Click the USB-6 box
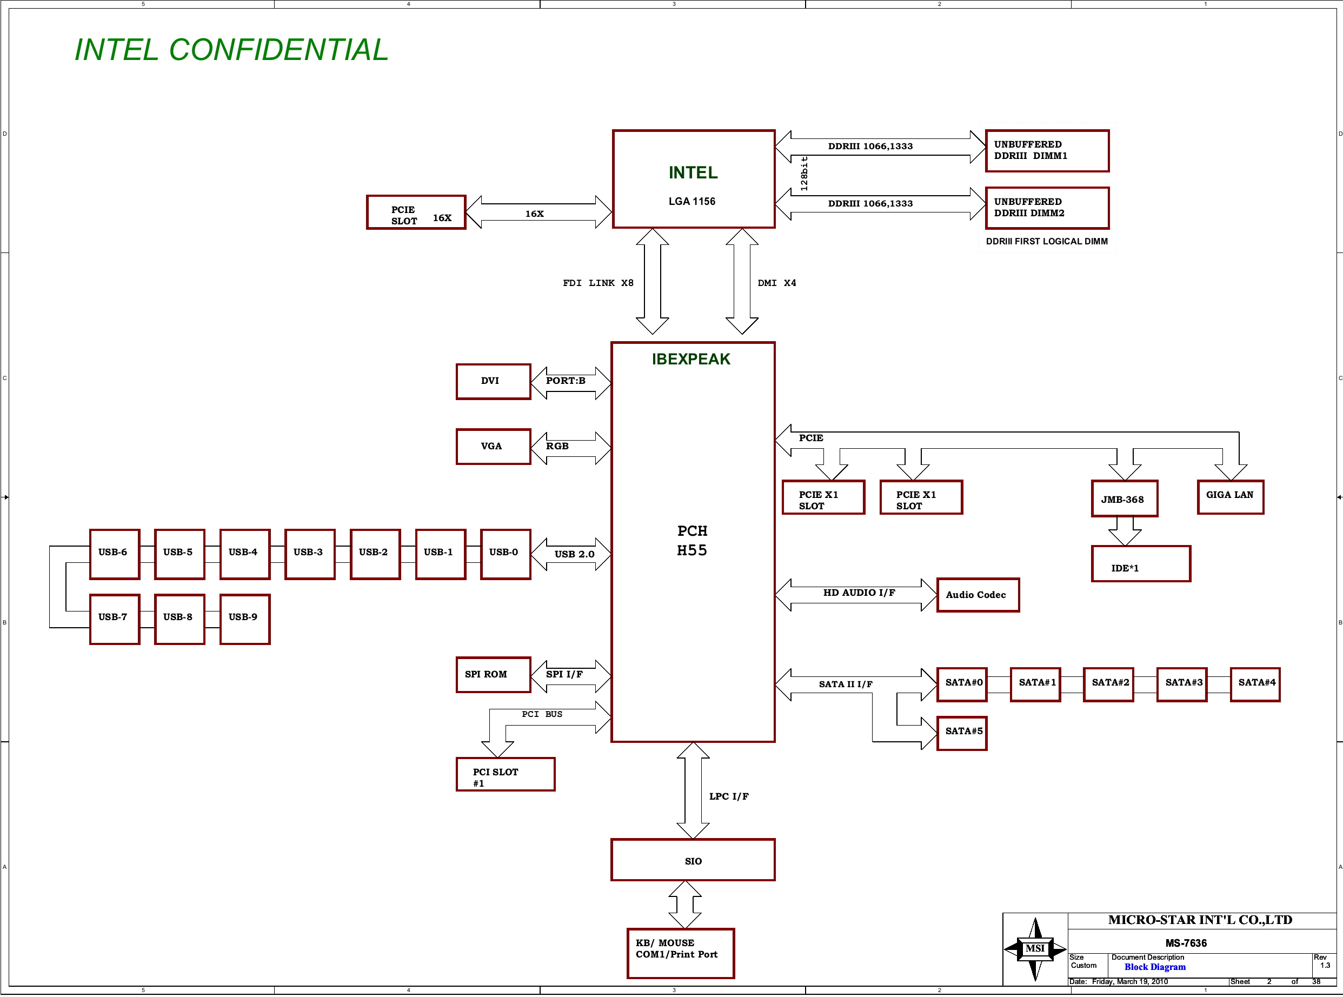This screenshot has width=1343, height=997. coord(114,554)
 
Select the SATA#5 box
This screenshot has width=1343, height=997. coord(962,733)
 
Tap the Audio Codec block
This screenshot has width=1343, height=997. coord(978,595)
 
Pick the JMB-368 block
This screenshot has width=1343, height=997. coord(1124,499)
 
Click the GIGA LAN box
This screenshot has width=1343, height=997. coord(1230,497)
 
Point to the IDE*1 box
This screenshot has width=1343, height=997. coord(1140,564)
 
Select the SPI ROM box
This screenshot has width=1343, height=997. coord(493,675)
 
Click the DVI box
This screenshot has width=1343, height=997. coord(493,381)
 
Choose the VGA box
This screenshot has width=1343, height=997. coord(493,447)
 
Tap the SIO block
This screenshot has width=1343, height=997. coord(693,860)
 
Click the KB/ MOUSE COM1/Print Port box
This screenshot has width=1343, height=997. coord(681,953)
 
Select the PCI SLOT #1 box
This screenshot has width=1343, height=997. coord(505,774)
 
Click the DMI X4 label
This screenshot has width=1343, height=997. coord(776,283)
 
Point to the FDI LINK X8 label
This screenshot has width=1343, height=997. coord(598,283)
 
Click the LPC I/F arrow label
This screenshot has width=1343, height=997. coord(729,796)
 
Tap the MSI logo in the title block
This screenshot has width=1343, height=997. coord(1035,949)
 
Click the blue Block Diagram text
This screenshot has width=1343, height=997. coord(1155,967)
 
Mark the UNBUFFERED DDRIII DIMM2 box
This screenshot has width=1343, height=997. coord(1047,208)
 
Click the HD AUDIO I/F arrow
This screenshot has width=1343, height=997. coord(857,594)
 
